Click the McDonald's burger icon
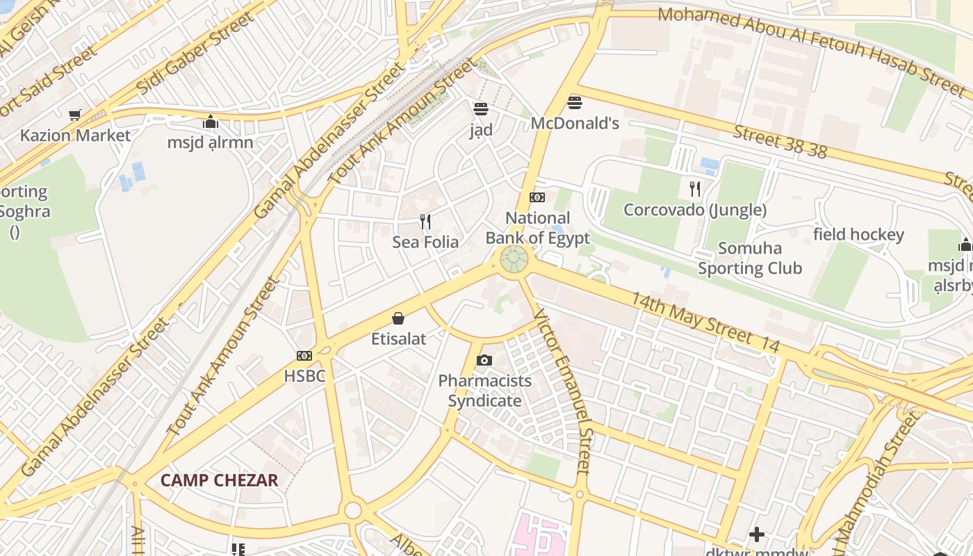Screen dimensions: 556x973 pos(574,103)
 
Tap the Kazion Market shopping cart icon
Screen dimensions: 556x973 pos(74,115)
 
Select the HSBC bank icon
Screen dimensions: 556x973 pos(304,356)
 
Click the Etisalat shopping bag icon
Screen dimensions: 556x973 pos(398,318)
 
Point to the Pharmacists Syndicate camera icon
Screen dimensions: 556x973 pos(484,360)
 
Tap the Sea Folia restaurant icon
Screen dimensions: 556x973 pos(425,222)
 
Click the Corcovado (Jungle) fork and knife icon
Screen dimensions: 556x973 pos(694,188)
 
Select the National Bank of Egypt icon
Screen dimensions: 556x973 pos(537,197)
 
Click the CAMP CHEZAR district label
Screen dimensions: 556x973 pos(219,480)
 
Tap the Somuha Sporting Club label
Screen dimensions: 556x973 pos(750,258)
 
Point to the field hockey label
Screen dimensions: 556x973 pos(858,235)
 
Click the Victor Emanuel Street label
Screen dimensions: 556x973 pos(564,392)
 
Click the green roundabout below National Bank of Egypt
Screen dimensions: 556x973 pos(514,260)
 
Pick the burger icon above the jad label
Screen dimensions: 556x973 pos(480,109)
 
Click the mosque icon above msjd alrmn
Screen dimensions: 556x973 pos(211,122)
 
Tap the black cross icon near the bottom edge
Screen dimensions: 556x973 pos(757,534)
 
